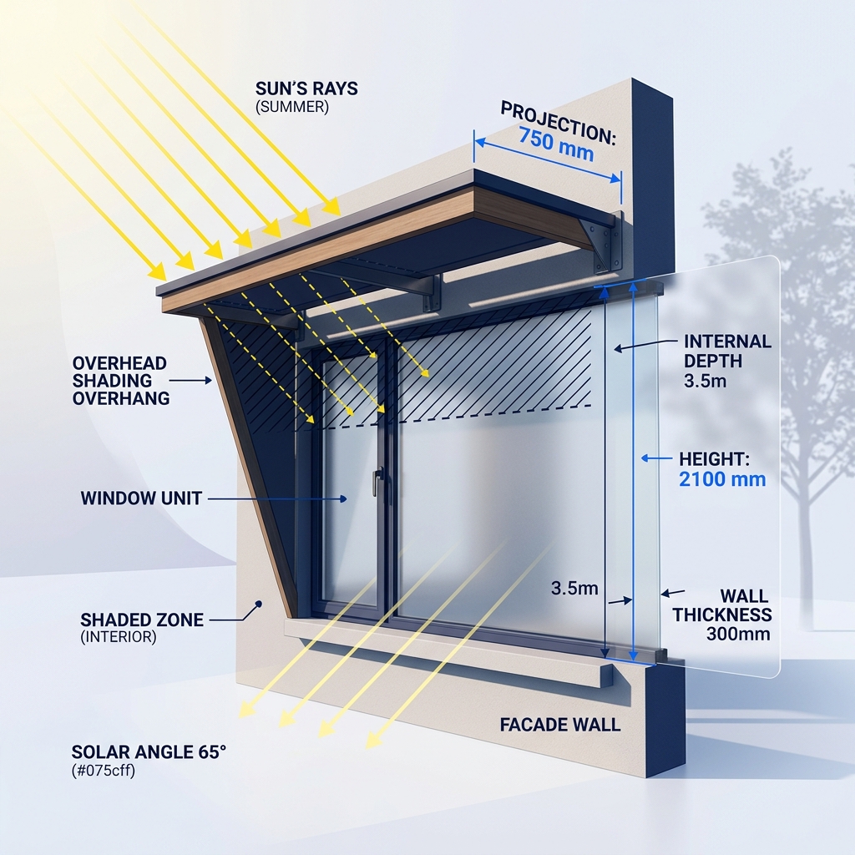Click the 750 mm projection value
tap(556, 144)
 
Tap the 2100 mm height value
tap(722, 479)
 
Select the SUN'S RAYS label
tap(306, 89)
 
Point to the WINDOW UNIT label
tap(141, 498)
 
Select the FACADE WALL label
tap(560, 725)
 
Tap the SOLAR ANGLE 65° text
tap(149, 752)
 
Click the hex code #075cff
tap(103, 771)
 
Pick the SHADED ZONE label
tap(142, 620)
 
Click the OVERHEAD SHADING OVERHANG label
tap(120, 381)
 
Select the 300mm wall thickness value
tap(738, 635)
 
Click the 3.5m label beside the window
tap(574, 589)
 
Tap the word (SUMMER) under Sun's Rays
tap(292, 107)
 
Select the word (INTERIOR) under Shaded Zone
tap(119, 637)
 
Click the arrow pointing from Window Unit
tap(277, 499)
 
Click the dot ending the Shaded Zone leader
tap(259, 605)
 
